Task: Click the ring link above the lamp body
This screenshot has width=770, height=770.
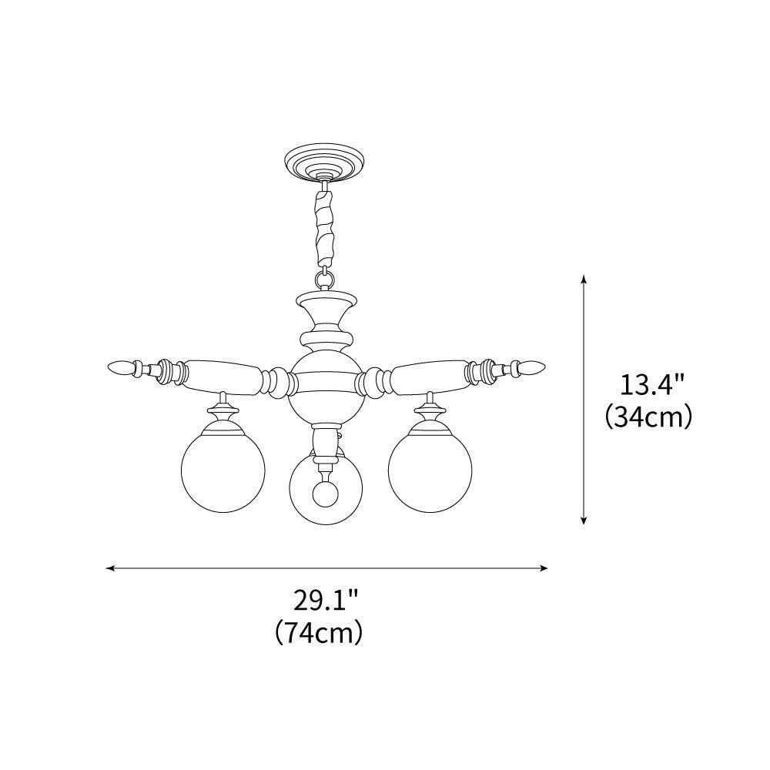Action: [x=325, y=278]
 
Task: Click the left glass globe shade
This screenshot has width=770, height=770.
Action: [x=223, y=469]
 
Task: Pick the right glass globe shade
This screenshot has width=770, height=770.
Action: [x=430, y=469]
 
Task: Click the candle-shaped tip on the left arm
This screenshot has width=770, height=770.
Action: [x=119, y=368]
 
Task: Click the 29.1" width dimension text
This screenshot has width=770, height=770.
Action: [x=326, y=599]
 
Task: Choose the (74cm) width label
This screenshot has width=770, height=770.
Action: [x=319, y=632]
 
